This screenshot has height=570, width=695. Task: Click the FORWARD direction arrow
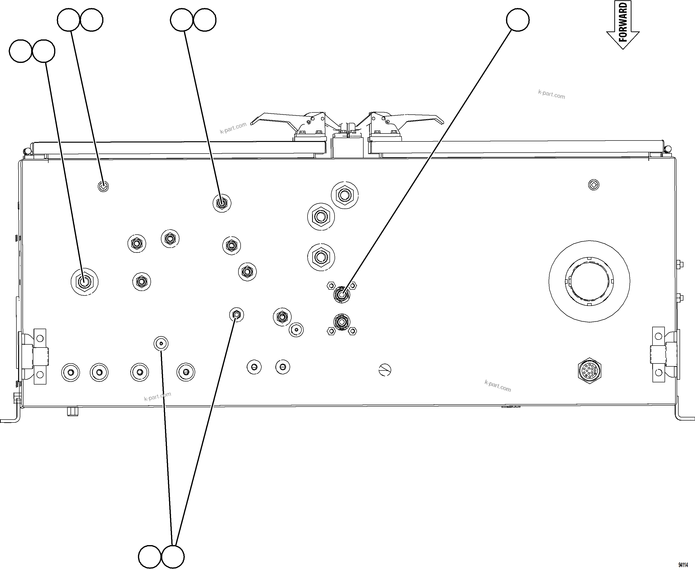(x=623, y=25)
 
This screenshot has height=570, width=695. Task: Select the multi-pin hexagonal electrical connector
(x=589, y=371)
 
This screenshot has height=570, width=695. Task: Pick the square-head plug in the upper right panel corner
(x=594, y=185)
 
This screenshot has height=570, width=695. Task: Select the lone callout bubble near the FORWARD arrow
(x=517, y=20)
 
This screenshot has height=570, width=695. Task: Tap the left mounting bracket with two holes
(x=39, y=356)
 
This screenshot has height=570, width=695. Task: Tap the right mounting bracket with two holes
(x=659, y=354)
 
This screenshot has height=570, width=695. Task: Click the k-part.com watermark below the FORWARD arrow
(x=551, y=95)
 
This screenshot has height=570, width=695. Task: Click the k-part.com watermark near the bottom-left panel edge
(x=158, y=396)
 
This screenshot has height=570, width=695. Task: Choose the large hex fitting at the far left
(x=85, y=282)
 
